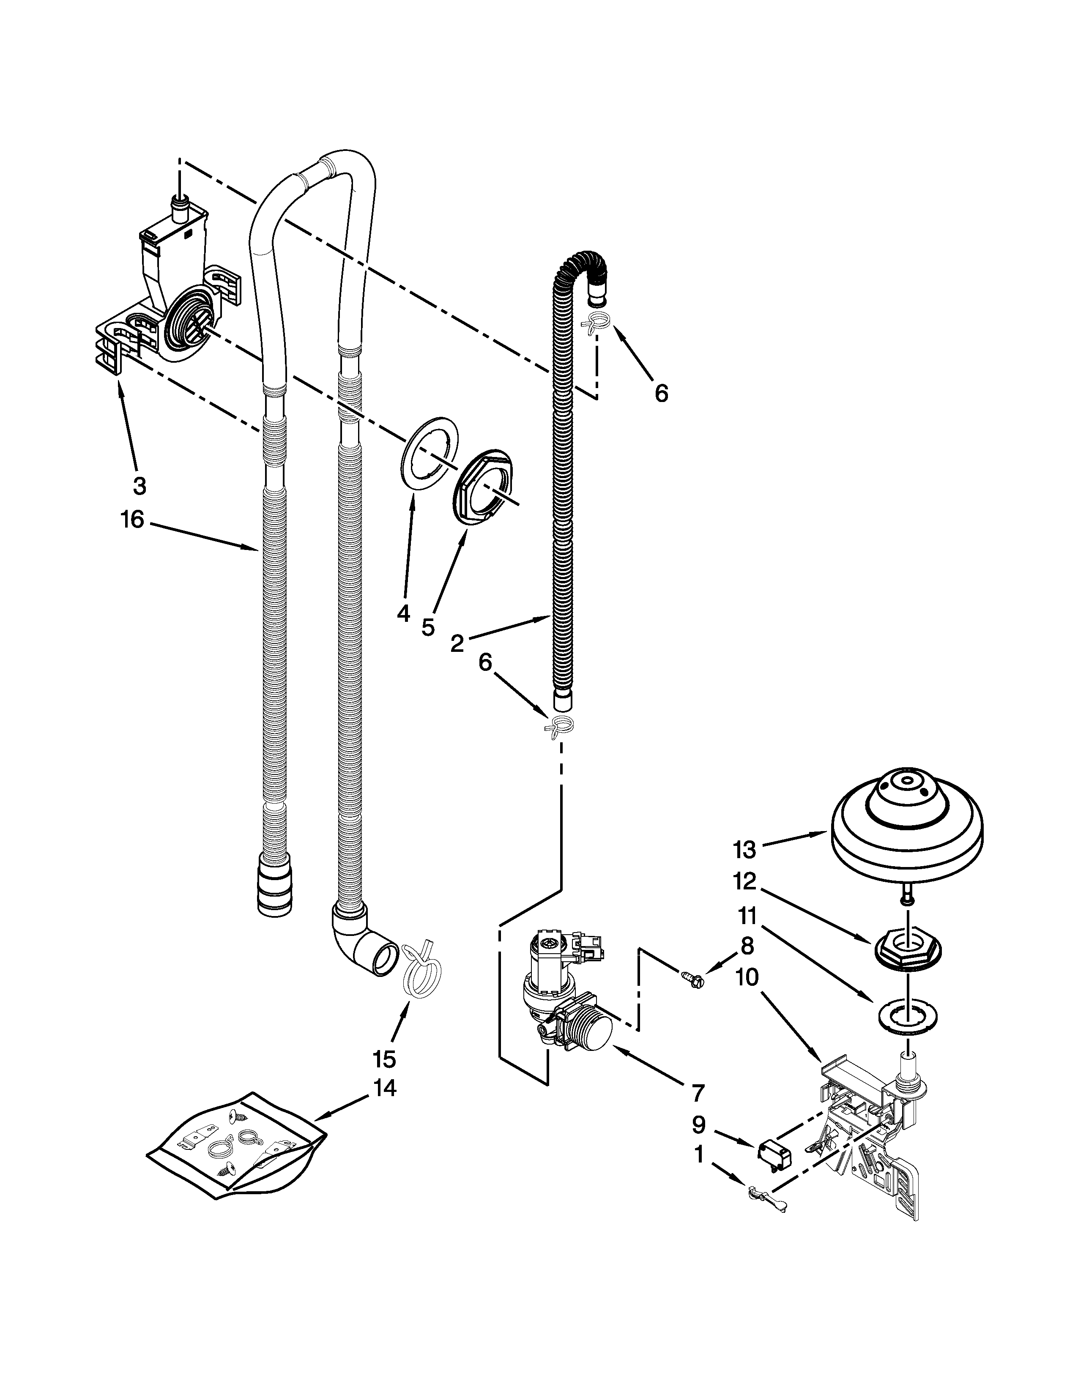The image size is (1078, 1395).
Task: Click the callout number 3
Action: click(139, 486)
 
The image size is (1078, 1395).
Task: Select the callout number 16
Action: click(132, 520)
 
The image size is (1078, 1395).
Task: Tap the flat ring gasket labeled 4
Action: click(430, 454)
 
